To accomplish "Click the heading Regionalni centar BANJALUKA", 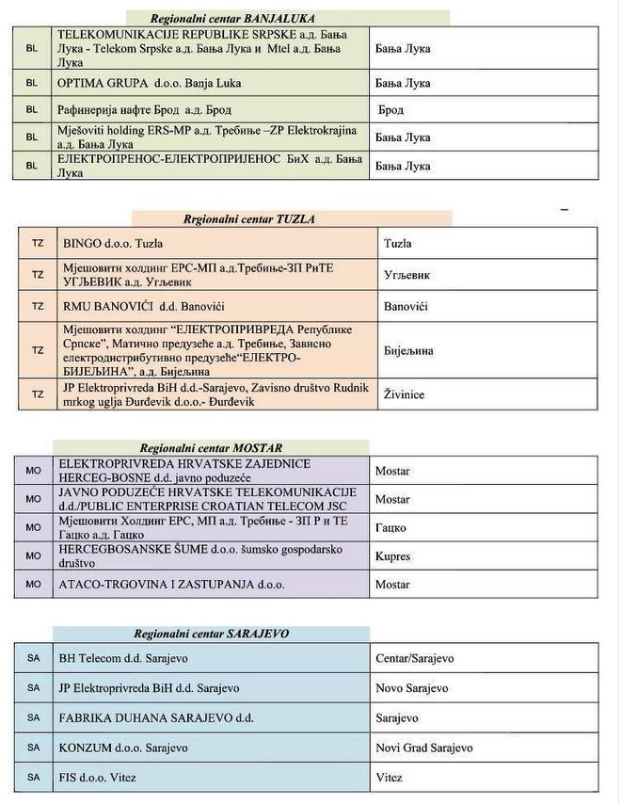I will coord(232,18).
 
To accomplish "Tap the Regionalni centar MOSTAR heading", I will coord(211,448).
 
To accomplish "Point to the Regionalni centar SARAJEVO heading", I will coord(211,634).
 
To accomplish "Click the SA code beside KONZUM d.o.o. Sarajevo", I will coord(34,748).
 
